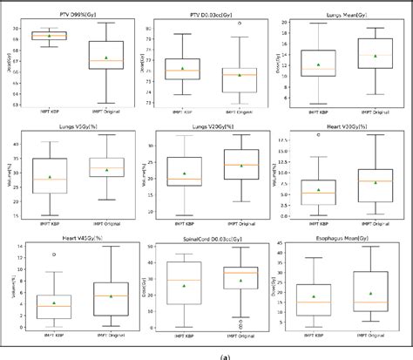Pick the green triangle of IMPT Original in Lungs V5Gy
106,170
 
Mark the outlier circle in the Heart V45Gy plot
54,255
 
